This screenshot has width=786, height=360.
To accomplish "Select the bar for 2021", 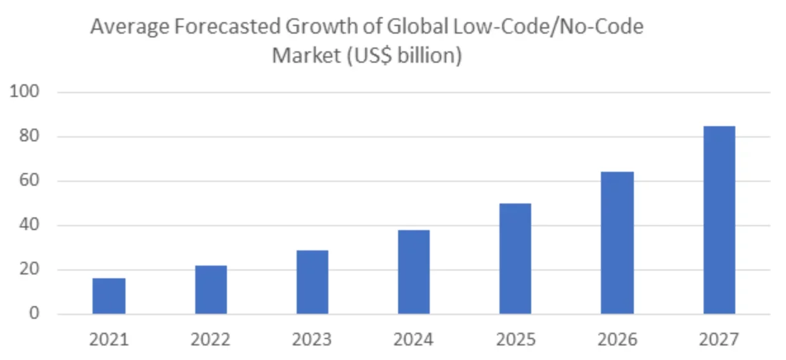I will [x=109, y=296].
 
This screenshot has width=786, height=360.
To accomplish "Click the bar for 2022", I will [x=210, y=290].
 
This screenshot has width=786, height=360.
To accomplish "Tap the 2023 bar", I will [x=312, y=282].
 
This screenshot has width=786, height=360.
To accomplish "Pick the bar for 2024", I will [x=413, y=272].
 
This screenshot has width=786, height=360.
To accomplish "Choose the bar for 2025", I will [x=515, y=259].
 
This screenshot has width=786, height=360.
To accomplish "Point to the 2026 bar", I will [x=617, y=243].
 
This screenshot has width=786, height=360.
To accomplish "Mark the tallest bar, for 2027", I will [x=719, y=220].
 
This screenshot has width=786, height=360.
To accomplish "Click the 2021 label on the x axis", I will [x=109, y=340].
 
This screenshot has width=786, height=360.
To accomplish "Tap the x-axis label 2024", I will [x=413, y=340].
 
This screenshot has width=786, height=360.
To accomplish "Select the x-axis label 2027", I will [x=719, y=340].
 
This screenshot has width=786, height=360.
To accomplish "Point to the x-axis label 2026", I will [x=617, y=340].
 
